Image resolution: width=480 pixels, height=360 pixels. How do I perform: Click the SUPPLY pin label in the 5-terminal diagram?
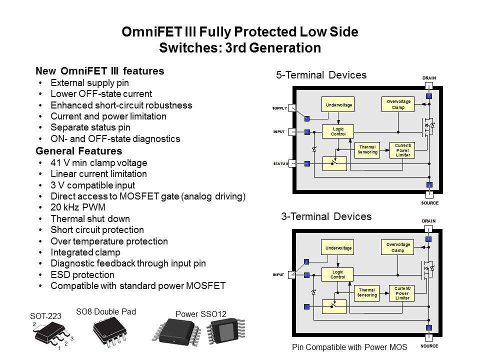279,108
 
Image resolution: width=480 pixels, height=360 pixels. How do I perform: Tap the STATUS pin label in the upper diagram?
280,163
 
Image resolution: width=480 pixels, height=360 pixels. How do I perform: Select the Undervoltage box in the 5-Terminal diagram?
338,104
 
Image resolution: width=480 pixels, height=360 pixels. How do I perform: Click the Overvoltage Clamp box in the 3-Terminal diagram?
397,247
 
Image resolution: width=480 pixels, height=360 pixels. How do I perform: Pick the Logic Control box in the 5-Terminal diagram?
338,131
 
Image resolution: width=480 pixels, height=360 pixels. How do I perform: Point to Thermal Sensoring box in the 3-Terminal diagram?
367,292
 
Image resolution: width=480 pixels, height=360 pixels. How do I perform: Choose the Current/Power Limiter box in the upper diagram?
402,150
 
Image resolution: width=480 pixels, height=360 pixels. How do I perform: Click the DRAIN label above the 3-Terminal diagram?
428,221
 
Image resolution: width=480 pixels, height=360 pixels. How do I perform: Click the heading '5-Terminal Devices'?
321,75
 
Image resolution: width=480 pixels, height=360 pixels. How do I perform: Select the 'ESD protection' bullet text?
82,275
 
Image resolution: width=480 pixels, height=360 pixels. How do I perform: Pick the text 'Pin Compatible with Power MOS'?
349,346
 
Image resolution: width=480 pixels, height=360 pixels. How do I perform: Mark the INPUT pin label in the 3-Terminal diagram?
278,274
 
